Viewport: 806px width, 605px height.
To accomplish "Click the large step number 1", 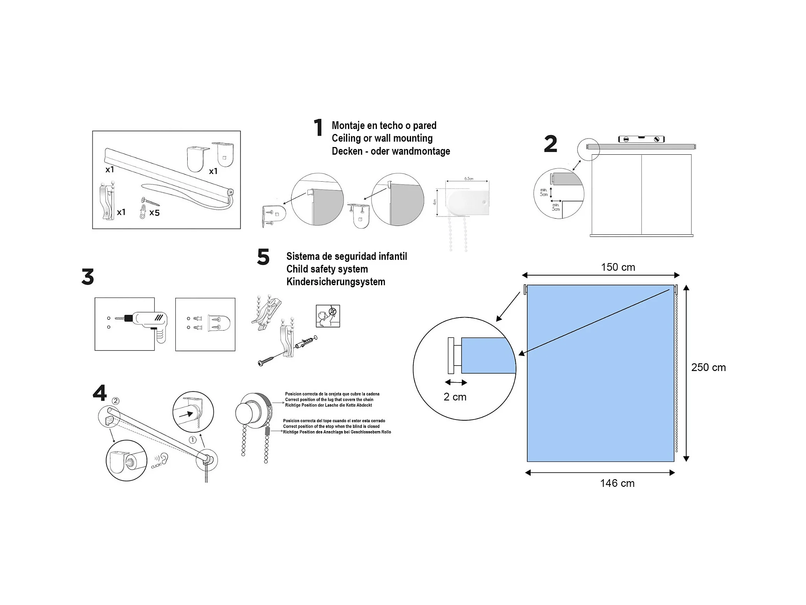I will (x=318, y=128).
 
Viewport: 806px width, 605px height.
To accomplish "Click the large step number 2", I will (x=550, y=144).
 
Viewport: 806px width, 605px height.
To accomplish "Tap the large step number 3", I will (x=88, y=277).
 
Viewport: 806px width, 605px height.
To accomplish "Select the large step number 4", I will (x=100, y=393).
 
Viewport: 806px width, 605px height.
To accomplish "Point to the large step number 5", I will (x=263, y=257).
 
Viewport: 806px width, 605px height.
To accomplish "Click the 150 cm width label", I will (x=618, y=267).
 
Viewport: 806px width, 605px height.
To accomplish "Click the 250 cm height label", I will (x=708, y=368).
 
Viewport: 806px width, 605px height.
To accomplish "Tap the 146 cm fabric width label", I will (x=617, y=483).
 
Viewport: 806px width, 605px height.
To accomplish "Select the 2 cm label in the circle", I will (x=455, y=397).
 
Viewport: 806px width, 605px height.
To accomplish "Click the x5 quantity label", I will (x=154, y=212).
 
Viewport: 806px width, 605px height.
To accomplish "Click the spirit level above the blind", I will (x=641, y=139).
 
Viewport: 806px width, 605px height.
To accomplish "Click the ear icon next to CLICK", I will (x=164, y=458).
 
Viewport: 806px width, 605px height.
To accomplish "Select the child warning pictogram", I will (x=328, y=316).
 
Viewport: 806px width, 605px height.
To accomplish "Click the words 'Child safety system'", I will (x=327, y=269).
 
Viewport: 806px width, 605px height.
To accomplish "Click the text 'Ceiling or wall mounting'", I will (x=382, y=138).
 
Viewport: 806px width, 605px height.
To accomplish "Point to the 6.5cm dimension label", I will (x=468, y=179).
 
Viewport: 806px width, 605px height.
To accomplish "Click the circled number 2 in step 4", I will (x=115, y=401).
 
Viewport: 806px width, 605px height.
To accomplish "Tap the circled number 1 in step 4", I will (x=193, y=440).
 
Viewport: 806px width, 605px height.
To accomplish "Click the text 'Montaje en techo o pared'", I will (x=384, y=125).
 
